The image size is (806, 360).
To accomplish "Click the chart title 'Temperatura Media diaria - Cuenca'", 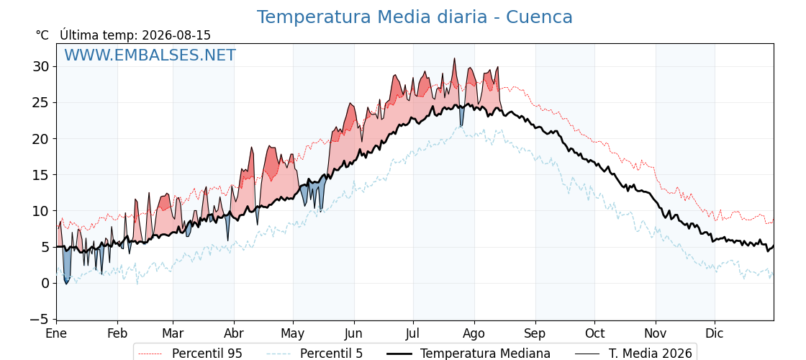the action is [x=415, y=17].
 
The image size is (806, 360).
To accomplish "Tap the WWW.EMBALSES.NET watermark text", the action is [x=150, y=55].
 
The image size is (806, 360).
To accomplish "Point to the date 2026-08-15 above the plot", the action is [x=176, y=35].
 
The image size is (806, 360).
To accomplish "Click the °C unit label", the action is [x=42, y=35].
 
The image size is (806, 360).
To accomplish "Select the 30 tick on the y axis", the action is [x=41, y=67].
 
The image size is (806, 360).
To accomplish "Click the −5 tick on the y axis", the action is [x=38, y=320].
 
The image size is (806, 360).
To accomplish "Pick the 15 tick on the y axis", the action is [x=41, y=175].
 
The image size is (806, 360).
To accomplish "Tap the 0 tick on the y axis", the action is [x=45, y=284].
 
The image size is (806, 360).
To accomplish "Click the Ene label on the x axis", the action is [x=56, y=334].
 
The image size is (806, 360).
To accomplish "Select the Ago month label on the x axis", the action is [x=474, y=334].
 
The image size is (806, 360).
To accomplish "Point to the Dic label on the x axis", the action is [x=715, y=334].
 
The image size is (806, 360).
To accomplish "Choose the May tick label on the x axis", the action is [x=293, y=334].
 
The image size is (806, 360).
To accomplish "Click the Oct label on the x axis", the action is [x=594, y=334].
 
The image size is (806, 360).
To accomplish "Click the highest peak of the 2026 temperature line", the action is [x=454, y=58].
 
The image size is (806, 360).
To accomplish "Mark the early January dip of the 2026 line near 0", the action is [x=65, y=284].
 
